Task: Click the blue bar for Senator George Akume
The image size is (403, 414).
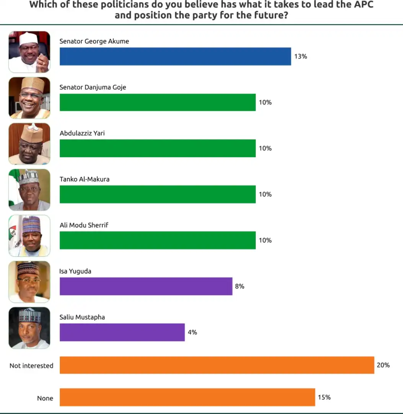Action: [175, 56]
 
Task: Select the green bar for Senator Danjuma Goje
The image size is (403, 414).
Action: [157, 102]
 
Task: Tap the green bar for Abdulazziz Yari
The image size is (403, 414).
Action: [157, 148]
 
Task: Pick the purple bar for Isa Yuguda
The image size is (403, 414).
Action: [146, 286]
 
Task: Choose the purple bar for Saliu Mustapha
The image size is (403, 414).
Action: [122, 332]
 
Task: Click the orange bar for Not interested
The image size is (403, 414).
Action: [217, 365]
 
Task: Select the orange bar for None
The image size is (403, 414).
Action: [187, 397]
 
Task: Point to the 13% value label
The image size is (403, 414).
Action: [300, 56]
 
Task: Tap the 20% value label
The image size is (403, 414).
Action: [383, 365]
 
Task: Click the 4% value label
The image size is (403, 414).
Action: [192, 332]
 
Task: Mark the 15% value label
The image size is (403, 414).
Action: [324, 397]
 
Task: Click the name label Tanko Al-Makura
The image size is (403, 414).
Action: [85, 179]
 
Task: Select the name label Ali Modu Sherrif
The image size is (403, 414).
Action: [84, 225]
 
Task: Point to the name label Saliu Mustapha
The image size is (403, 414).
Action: [82, 317]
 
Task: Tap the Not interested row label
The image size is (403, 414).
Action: [31, 366]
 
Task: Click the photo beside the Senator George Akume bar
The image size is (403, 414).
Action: [29, 52]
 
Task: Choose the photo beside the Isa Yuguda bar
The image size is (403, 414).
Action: [29, 282]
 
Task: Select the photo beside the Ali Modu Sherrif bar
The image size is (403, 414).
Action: [29, 236]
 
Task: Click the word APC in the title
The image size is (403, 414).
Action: [362, 5]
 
